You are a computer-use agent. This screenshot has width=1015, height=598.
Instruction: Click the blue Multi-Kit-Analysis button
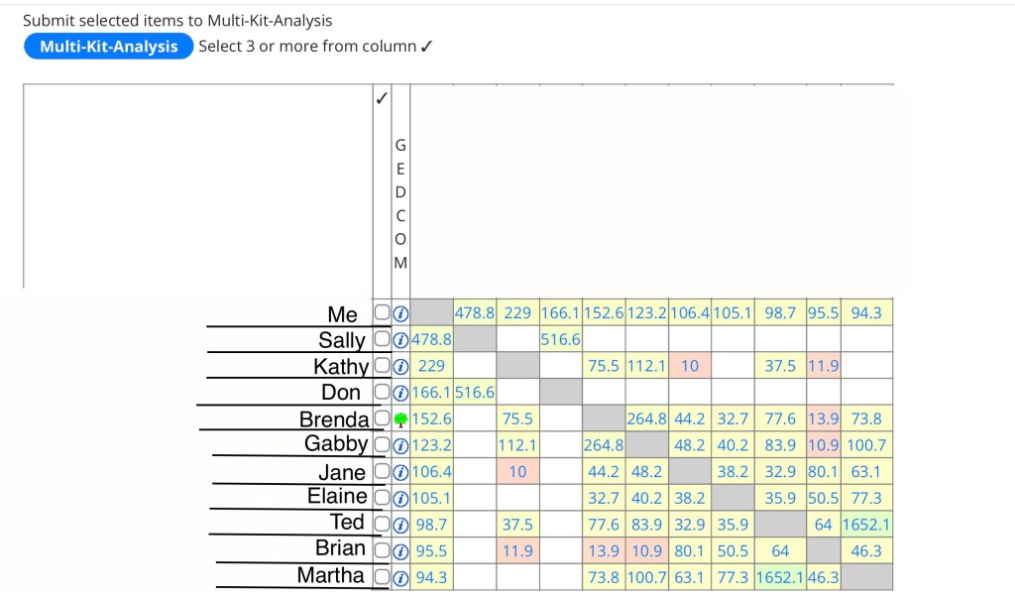[x=109, y=47]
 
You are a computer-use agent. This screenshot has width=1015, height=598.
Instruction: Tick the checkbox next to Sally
[x=382, y=340]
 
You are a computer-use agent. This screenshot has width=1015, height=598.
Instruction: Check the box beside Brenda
[x=382, y=419]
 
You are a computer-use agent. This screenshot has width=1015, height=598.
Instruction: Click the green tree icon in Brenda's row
[x=400, y=419]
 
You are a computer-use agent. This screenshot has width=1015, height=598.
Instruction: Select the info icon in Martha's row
[x=400, y=576]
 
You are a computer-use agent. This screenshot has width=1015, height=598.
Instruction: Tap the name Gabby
[x=336, y=443]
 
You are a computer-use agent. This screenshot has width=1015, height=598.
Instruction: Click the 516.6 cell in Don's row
[x=475, y=393]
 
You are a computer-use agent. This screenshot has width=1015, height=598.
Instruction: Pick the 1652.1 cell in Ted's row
[x=866, y=524]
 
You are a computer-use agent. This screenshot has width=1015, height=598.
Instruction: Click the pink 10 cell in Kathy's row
[x=690, y=366]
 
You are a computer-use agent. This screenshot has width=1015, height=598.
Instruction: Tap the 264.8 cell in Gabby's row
[x=603, y=445]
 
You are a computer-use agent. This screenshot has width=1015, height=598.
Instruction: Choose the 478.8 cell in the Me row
[x=475, y=313]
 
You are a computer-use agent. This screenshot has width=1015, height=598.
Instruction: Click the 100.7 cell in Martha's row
[x=646, y=576]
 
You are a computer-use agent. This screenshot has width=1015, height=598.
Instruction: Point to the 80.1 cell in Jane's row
[x=823, y=471]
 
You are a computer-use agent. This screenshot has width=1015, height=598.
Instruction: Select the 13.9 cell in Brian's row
[x=603, y=550]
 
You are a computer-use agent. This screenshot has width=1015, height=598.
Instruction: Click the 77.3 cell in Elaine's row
[x=866, y=498]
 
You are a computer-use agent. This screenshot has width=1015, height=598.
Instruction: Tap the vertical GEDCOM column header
[x=400, y=206]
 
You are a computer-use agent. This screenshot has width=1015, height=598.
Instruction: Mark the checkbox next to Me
[x=382, y=313]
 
